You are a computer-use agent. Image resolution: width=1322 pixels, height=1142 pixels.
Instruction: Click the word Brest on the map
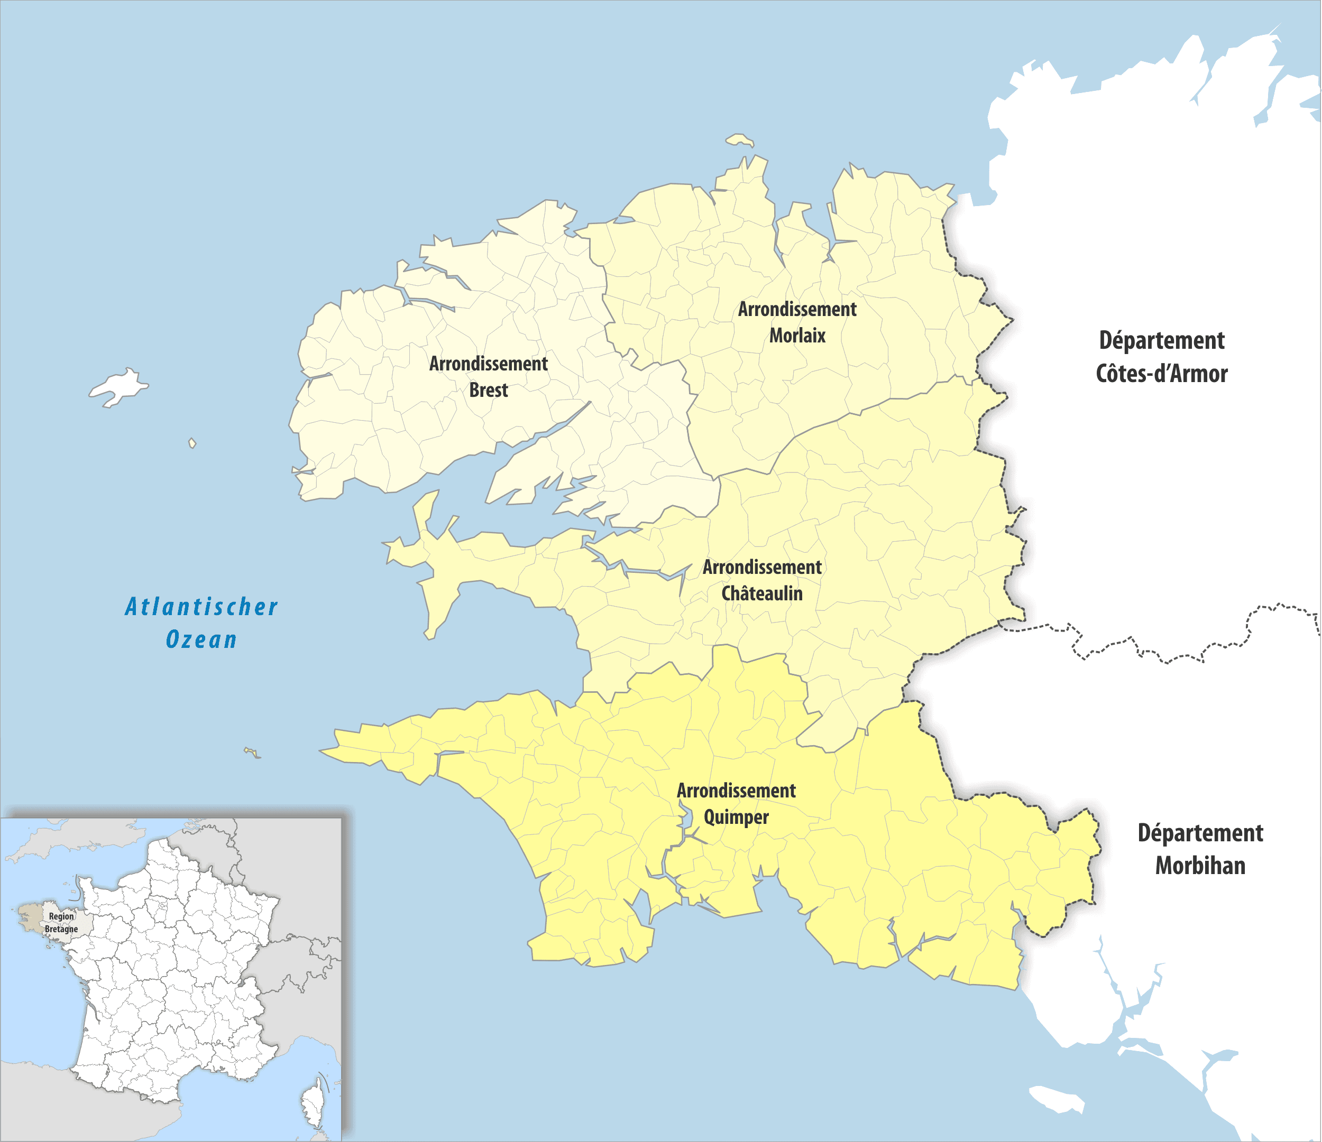pyautogui.click(x=488, y=390)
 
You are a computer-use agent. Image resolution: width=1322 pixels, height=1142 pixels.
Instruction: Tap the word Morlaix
pyautogui.click(x=797, y=336)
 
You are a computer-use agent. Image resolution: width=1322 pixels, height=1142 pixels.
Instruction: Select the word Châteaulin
pyautogui.click(x=762, y=593)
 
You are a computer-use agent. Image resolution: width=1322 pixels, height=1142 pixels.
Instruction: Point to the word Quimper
pyautogui.click(x=736, y=818)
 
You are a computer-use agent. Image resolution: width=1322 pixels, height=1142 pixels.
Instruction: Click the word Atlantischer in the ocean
pyautogui.click(x=201, y=607)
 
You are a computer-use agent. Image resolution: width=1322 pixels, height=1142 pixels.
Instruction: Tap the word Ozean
pyautogui.click(x=201, y=639)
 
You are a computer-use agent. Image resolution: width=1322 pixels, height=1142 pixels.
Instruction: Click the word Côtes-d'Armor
pyautogui.click(x=1161, y=374)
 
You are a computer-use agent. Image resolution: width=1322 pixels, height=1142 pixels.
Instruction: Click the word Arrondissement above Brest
pyautogui.click(x=488, y=364)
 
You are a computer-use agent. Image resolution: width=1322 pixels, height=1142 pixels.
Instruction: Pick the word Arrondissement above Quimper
pyautogui.click(x=736, y=791)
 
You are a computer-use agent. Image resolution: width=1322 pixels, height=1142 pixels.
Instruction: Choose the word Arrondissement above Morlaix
pyautogui.click(x=797, y=309)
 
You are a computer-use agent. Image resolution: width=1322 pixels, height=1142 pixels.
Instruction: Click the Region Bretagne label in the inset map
pyautogui.click(x=61, y=923)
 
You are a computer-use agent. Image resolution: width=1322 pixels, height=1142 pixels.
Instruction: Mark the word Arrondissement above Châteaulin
pyautogui.click(x=762, y=568)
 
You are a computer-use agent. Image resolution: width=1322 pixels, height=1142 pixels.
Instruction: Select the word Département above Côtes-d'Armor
pyautogui.click(x=1161, y=340)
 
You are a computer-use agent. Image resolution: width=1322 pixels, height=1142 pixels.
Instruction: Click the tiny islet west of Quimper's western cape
pyautogui.click(x=252, y=753)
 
